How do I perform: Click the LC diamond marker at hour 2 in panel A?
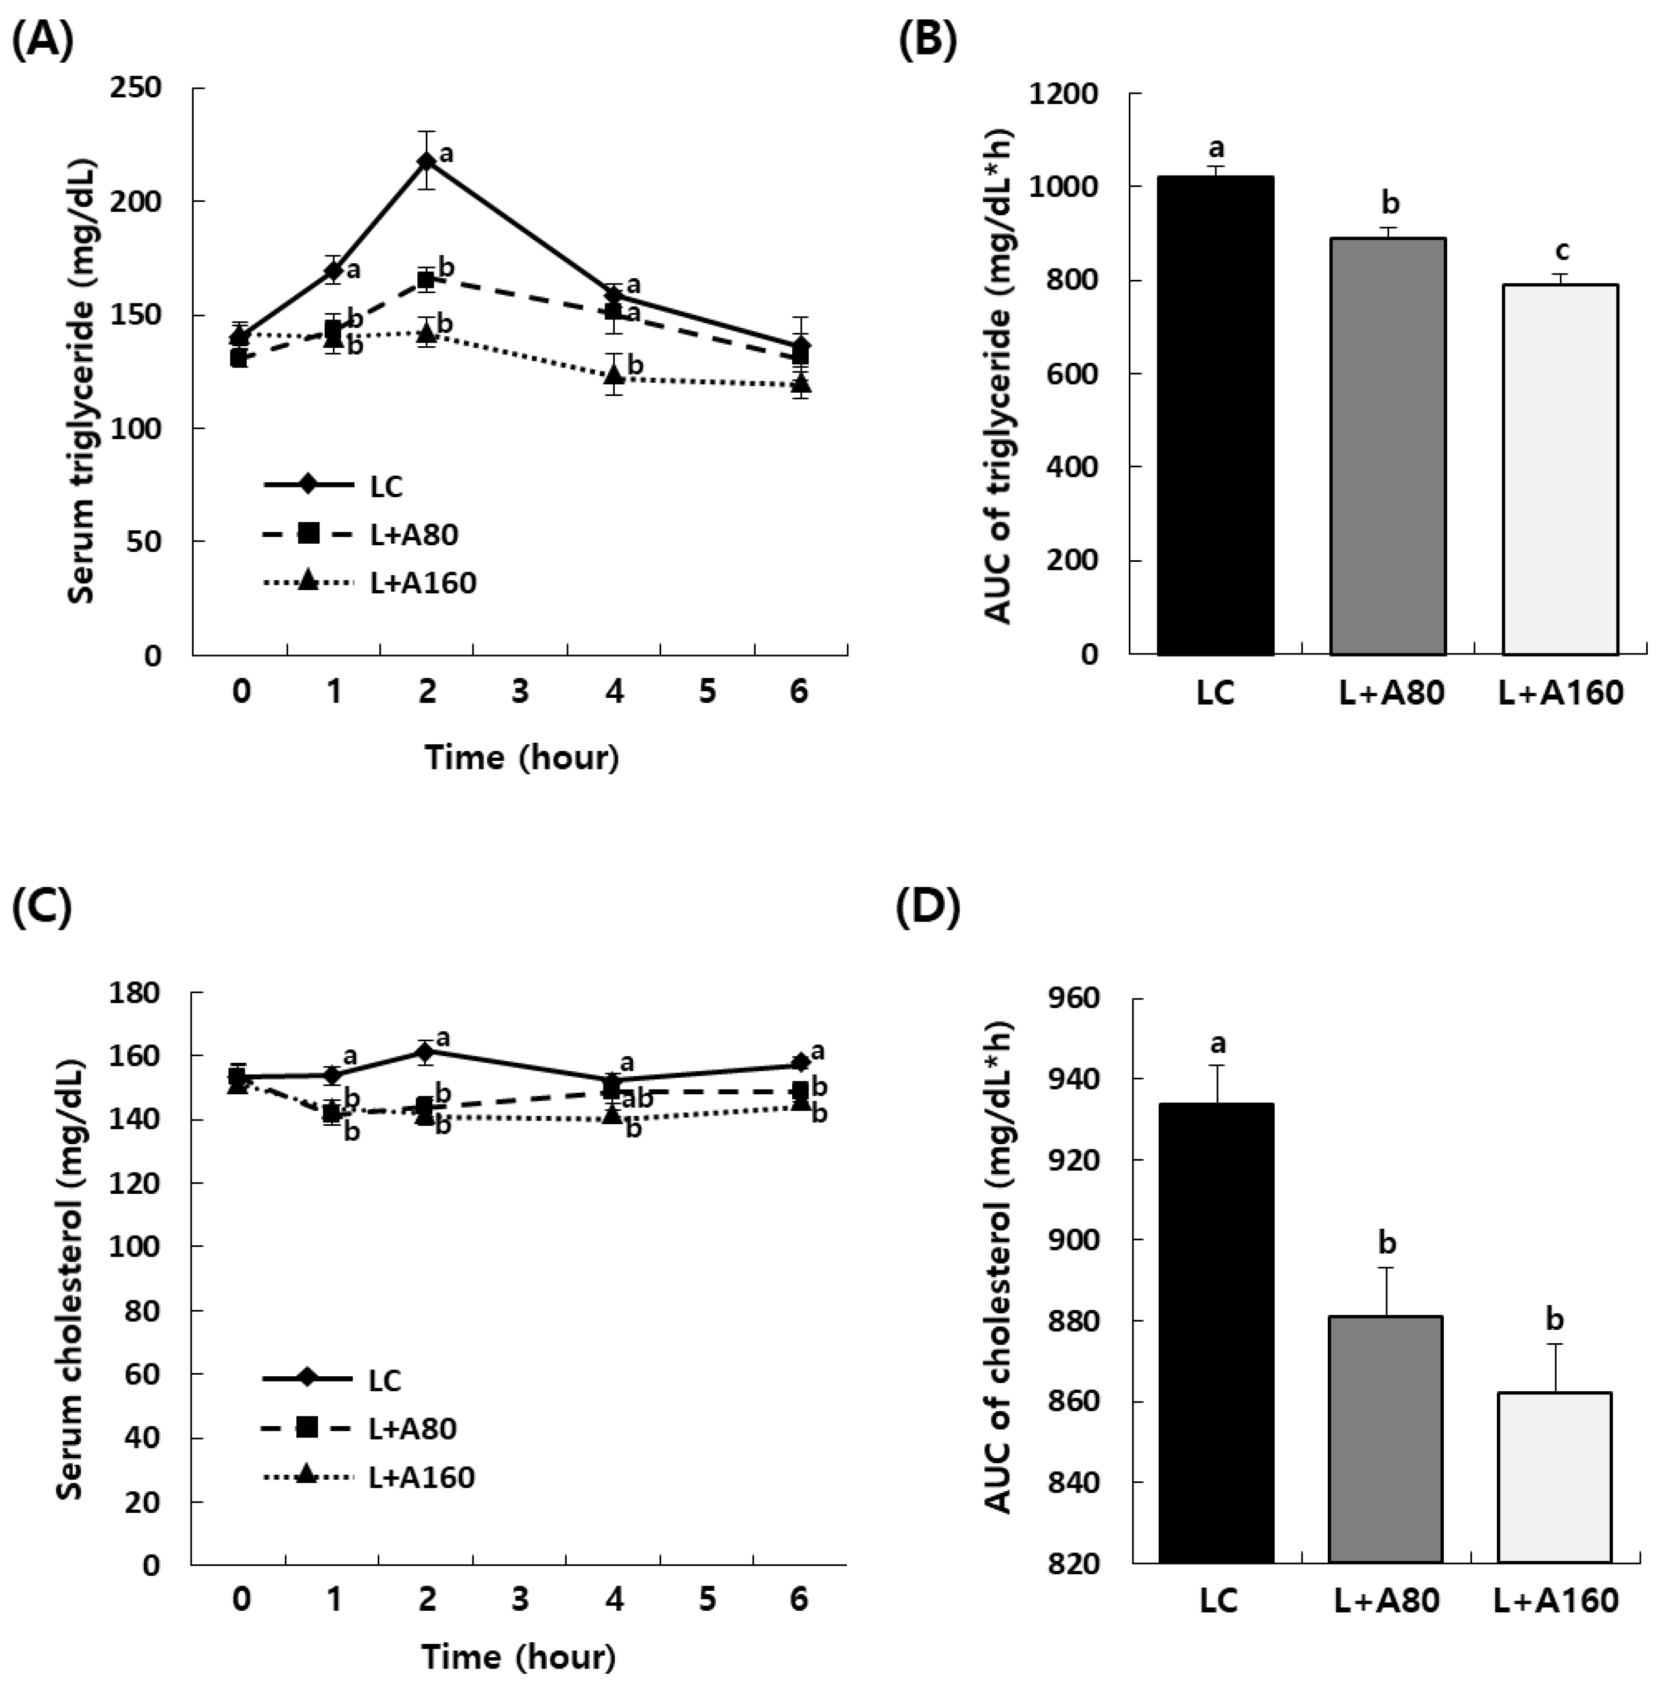(x=426, y=161)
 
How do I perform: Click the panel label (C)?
(x=41, y=908)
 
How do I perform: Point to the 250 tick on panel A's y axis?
(x=137, y=88)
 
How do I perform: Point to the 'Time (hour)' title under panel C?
(x=519, y=1656)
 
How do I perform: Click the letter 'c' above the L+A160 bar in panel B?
(x=1563, y=252)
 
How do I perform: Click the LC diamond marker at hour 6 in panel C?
(x=799, y=1063)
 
